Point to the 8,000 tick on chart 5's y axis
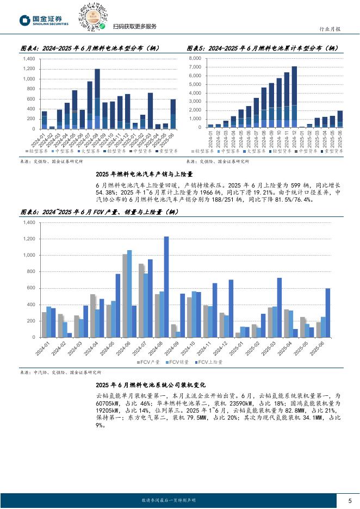click(195, 58)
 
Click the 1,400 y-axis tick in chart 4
click(29, 59)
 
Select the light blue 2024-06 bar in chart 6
click(129, 294)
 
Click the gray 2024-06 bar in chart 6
click(125, 295)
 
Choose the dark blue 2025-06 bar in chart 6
click(328, 313)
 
